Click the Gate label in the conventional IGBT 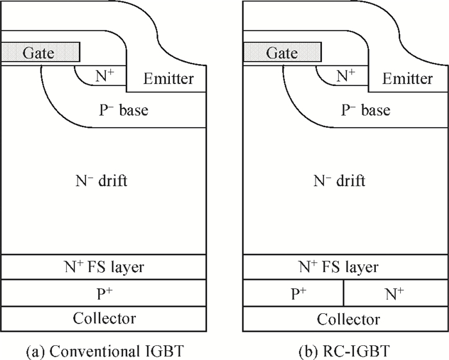point(38,53)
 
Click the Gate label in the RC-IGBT point(282,53)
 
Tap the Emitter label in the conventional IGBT point(168,78)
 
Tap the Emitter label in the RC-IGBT point(407,78)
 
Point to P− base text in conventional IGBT point(124,110)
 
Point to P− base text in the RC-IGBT point(366,110)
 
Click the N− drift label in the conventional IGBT point(101,181)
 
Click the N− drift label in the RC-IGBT point(339,181)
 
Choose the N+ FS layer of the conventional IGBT point(104,267)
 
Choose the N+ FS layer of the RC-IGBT point(345,267)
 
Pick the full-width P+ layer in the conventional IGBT point(104,293)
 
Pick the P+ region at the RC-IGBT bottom point(293,293)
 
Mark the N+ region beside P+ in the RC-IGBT point(396,293)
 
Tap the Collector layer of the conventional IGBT point(104,319)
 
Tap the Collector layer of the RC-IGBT point(345,319)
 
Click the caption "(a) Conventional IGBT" point(105,351)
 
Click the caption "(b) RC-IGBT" point(344,351)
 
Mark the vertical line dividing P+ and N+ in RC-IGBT point(344,293)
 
